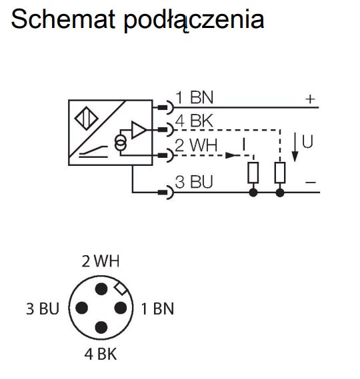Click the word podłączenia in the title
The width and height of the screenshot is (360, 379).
194,21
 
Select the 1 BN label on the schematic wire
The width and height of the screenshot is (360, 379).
194,97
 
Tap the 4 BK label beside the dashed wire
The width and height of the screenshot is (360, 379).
194,121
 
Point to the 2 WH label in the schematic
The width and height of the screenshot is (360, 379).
196,145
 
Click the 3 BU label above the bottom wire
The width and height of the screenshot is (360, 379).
194,182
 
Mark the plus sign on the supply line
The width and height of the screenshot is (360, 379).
310,99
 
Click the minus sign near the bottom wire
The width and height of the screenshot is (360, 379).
311,183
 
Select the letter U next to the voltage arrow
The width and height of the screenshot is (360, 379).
307,141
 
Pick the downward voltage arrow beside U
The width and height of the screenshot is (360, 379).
295,147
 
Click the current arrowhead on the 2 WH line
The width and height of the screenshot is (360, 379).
231,155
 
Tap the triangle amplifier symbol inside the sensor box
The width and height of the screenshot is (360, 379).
139,130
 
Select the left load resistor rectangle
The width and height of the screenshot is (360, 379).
253,173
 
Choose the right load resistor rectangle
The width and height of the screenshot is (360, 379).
280,173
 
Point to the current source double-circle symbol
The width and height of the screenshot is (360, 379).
120,143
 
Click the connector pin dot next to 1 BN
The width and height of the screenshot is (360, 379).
121,308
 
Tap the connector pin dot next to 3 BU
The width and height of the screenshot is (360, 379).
82,308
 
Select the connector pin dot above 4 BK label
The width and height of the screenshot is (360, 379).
101,328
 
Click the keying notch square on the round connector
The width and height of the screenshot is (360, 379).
121,288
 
